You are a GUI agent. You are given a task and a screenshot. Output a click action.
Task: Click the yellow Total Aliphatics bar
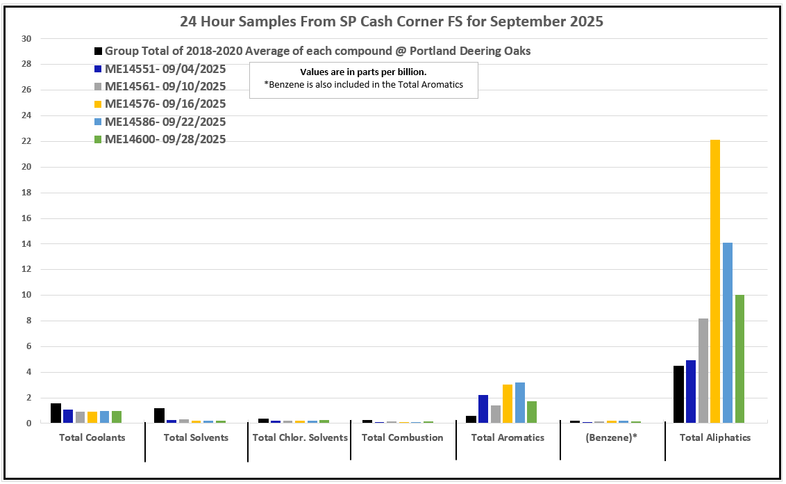715,281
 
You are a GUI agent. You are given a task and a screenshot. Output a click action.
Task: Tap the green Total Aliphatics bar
739,358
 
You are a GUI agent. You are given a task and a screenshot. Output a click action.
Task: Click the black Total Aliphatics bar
678,394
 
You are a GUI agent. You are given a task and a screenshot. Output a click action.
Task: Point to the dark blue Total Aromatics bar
483,408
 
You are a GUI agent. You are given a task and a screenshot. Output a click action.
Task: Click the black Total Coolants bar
56,412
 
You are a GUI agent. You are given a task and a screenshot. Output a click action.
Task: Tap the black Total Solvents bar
159,415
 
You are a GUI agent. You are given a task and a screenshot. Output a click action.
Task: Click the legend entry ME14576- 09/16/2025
165,104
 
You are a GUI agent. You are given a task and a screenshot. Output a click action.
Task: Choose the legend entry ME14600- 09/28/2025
165,139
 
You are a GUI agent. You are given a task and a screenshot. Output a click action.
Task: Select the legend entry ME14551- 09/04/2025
165,68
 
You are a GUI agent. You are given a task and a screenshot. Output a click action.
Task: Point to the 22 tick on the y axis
28,141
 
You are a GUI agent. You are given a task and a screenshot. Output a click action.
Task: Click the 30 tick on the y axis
28,39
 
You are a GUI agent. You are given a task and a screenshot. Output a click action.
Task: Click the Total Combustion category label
402,437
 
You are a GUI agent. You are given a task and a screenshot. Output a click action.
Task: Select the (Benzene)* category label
612,437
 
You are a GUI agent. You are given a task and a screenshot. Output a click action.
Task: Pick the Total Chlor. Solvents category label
300,437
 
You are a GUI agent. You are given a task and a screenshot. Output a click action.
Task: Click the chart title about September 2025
392,22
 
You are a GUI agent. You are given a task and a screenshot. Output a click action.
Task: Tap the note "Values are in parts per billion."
363,72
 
